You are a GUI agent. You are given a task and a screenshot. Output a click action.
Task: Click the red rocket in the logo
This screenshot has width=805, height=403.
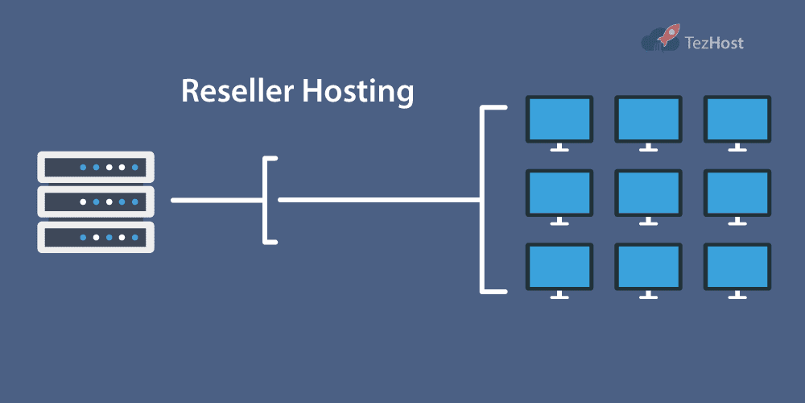pos(667,35)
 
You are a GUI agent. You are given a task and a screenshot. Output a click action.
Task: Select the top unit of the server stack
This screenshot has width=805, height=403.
pos(95,168)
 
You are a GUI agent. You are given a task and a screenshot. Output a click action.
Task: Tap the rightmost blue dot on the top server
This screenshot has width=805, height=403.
pos(134,168)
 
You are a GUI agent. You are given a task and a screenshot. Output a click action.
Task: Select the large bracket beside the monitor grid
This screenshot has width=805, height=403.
pos(483,199)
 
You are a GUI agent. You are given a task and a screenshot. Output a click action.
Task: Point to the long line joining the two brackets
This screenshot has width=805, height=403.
pos(378,199)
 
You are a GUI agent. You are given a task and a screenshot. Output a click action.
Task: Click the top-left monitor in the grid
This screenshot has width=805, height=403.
pos(559,119)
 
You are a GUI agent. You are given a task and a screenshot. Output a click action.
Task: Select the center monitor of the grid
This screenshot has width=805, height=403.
pos(648,193)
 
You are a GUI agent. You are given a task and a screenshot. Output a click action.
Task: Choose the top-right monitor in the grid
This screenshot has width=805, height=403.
pos(737,119)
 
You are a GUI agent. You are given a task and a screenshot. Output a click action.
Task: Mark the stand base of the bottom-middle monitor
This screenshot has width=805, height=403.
pos(648,297)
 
